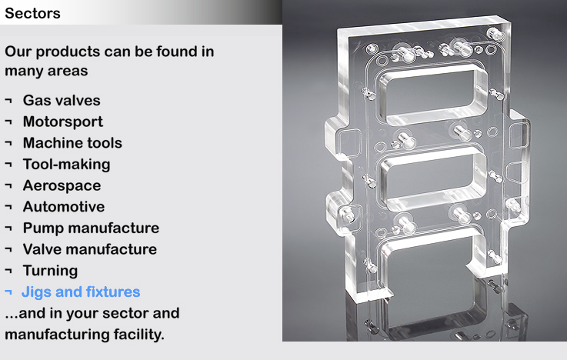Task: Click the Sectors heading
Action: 32,13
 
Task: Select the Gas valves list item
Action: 62,101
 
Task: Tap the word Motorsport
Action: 63,122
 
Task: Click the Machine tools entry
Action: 72,143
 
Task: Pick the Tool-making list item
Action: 66,165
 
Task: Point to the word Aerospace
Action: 62,186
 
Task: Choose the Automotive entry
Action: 64,207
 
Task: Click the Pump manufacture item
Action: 91,228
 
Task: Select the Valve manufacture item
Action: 90,249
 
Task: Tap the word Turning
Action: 50,271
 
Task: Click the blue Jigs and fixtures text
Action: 81,292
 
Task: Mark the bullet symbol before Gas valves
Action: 8,100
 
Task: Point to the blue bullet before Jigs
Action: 8,292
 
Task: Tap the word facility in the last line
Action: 138,335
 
